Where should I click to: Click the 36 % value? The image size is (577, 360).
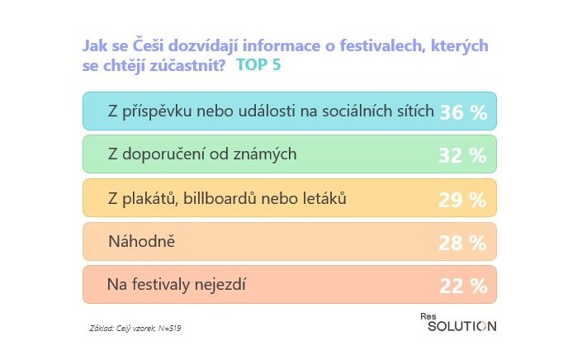(x=463, y=111)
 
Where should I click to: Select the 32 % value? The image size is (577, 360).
(x=463, y=154)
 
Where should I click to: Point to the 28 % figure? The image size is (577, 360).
(x=463, y=243)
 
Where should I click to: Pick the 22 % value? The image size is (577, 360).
(x=463, y=286)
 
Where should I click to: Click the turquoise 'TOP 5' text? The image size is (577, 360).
(x=258, y=65)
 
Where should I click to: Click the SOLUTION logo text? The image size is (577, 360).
(x=461, y=326)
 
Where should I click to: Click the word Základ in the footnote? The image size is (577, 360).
(x=102, y=329)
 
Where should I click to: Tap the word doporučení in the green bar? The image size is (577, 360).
(x=169, y=154)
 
